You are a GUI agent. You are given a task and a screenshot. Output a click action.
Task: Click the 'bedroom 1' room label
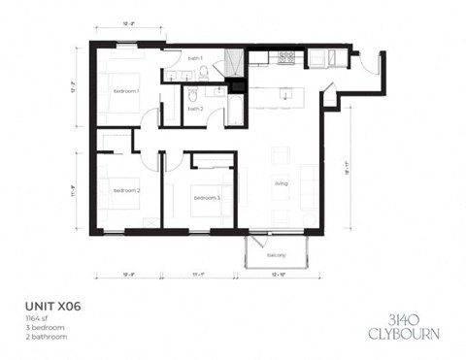(126, 90)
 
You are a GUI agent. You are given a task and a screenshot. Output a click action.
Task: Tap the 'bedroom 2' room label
(126, 191)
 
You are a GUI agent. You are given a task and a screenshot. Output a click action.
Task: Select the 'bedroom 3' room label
(206, 198)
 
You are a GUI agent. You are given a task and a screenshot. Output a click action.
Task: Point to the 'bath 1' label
(195, 59)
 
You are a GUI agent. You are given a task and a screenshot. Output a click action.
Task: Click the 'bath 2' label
(195, 109)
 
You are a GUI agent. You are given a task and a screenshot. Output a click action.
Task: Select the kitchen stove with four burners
(286, 58)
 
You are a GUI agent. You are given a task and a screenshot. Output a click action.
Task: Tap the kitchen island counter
(283, 95)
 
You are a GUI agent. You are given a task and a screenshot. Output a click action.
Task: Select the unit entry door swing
(371, 63)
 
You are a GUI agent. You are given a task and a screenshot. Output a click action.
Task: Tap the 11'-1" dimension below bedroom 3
(200, 276)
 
